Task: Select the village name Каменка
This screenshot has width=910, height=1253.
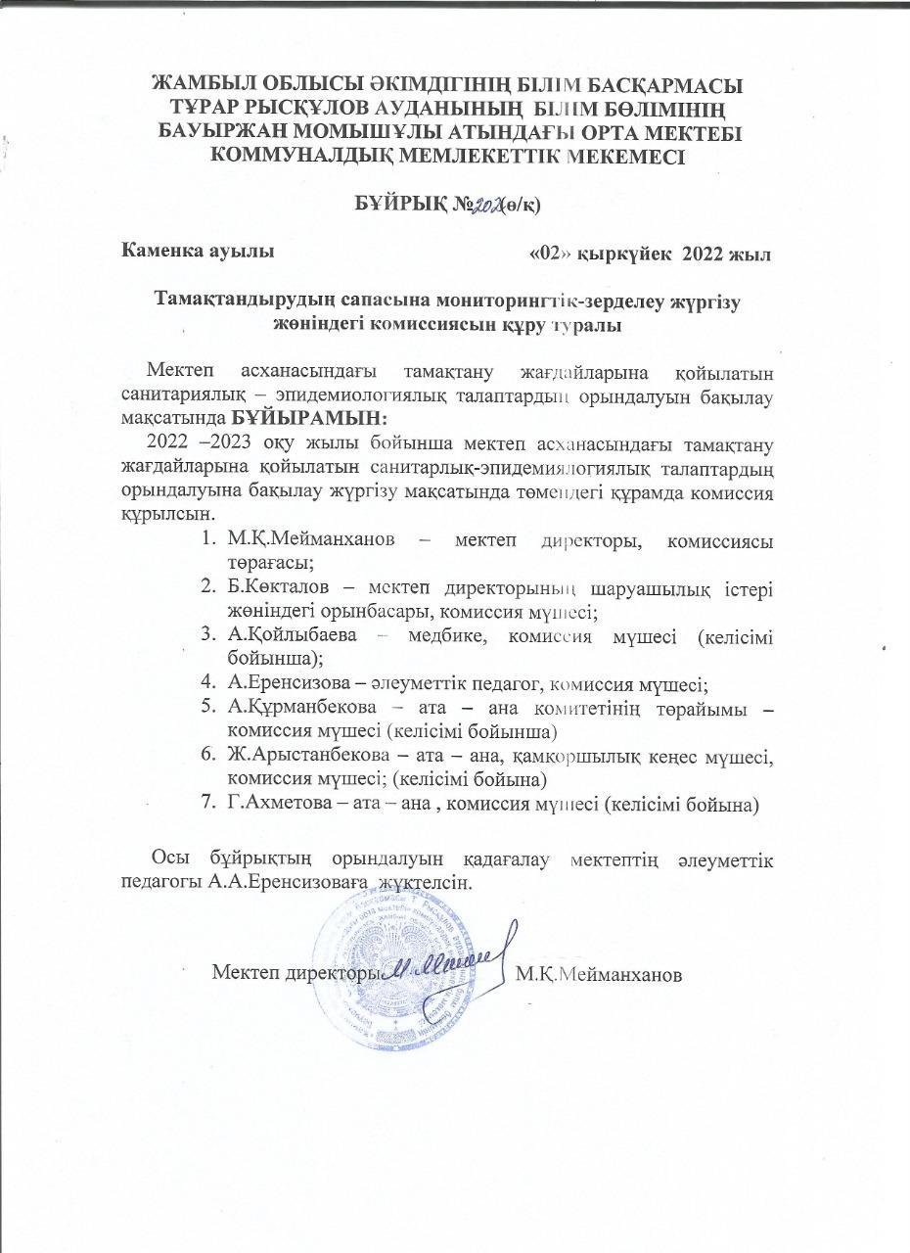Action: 160,252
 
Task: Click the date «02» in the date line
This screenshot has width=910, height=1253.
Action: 548,255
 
